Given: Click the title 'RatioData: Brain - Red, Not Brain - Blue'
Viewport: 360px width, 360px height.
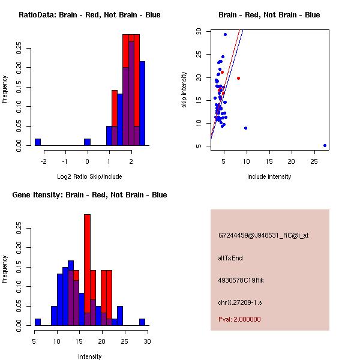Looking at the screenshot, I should click(x=89, y=15).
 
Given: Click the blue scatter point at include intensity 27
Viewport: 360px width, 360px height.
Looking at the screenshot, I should click(x=325, y=145).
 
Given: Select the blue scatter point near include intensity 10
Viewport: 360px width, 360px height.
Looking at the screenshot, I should click(x=246, y=128).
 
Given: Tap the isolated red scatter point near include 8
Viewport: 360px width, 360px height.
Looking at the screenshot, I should click(x=238, y=78).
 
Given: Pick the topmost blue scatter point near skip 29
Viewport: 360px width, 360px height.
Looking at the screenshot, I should click(x=225, y=34).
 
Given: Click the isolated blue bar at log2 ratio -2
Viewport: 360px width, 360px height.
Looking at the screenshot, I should click(x=38, y=142).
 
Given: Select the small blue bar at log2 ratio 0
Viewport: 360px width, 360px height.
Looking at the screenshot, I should click(x=87, y=142).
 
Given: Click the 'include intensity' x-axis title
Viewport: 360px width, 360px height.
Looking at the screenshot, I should click(x=269, y=176).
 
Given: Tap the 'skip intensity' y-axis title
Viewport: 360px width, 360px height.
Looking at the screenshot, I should click(x=184, y=90).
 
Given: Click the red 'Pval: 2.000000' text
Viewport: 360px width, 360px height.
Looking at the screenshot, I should click(x=239, y=319).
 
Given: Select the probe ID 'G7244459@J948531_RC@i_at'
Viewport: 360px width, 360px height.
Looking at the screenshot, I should click(x=263, y=236).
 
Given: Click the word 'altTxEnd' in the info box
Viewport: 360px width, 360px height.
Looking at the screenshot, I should click(x=230, y=258).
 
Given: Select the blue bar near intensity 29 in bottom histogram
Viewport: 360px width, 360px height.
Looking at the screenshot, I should click(x=142, y=322).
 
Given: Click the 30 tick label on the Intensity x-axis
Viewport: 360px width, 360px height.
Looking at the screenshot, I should click(x=147, y=341).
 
